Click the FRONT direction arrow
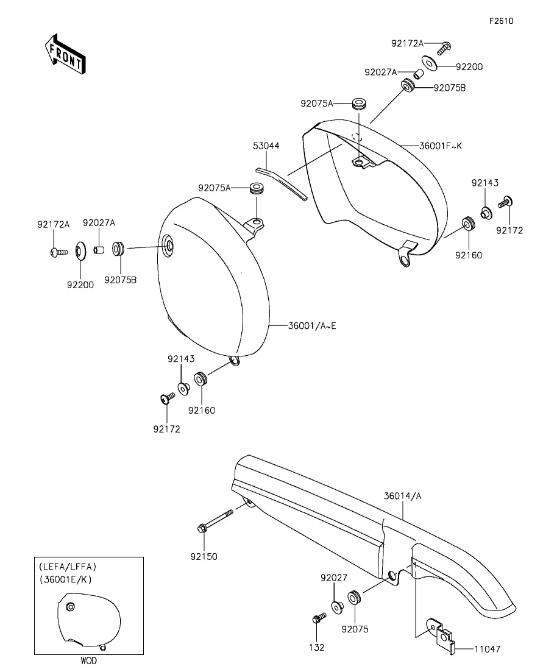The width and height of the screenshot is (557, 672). click(x=65, y=54)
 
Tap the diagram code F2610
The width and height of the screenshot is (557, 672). click(x=502, y=21)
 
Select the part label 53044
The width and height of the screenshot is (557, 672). click(x=266, y=146)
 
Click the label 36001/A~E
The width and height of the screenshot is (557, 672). click(x=312, y=326)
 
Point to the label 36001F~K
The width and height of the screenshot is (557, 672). click(x=441, y=146)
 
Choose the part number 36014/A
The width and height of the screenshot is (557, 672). click(x=403, y=496)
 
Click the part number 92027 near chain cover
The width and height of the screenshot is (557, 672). click(x=334, y=578)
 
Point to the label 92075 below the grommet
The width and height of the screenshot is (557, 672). click(x=355, y=629)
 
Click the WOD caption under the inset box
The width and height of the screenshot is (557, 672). click(x=89, y=660)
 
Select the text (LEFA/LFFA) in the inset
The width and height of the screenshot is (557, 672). click(x=68, y=567)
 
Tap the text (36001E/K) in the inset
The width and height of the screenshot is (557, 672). click(x=66, y=579)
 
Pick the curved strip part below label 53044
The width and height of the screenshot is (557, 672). click(x=282, y=183)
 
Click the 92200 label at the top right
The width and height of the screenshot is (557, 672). click(x=469, y=67)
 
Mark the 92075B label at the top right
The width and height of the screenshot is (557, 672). click(x=449, y=88)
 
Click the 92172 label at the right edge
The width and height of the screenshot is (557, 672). click(x=510, y=230)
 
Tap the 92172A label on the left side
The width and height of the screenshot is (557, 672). click(x=53, y=224)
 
